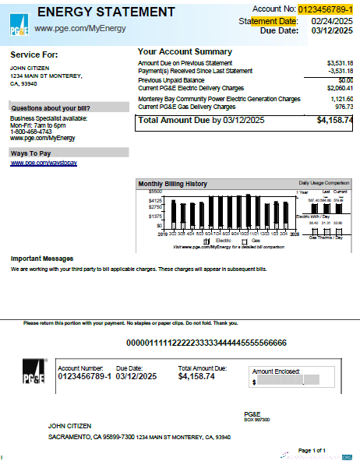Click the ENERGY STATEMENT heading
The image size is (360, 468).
coord(106,12)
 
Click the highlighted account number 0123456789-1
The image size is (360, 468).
coord(325,9)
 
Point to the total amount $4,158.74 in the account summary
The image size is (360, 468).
coord(334,121)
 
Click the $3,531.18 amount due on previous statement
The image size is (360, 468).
coord(340,62)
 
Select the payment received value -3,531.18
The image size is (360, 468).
coord(340,71)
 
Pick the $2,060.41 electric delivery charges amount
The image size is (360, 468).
coord(340,88)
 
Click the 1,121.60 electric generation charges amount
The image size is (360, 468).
coord(341,99)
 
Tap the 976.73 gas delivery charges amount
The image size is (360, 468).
coord(344,107)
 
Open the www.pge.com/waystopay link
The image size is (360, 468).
coord(43,164)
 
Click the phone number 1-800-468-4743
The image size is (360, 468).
coord(31,132)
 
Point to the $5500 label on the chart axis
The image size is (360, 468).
coord(154,191)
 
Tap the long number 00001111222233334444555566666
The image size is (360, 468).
coord(206,343)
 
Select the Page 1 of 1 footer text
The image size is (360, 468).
coord(312,450)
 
